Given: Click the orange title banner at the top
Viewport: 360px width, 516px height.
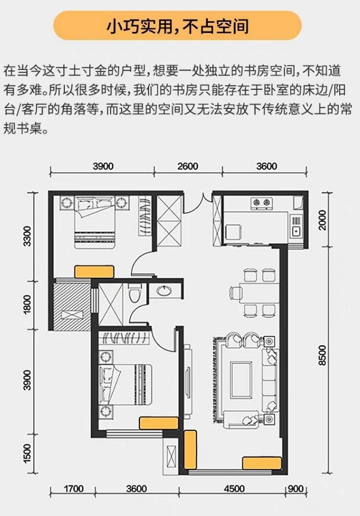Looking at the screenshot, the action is (177, 26).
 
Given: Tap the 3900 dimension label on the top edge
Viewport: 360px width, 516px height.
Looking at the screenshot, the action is (103, 166).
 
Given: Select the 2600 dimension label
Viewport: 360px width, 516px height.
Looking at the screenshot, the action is (188, 166).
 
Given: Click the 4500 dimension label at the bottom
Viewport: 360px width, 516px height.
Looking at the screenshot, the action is (234, 489).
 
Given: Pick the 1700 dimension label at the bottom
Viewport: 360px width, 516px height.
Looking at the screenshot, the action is (73, 489).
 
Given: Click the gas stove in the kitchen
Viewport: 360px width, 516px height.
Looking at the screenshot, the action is (262, 203).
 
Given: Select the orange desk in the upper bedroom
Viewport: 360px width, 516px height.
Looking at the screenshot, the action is (94, 272).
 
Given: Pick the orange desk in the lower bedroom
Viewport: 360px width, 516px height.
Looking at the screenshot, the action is (159, 423).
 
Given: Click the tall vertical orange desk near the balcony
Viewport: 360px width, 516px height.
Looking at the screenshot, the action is (190, 450).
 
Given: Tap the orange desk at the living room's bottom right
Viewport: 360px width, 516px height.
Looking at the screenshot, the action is (262, 463).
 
